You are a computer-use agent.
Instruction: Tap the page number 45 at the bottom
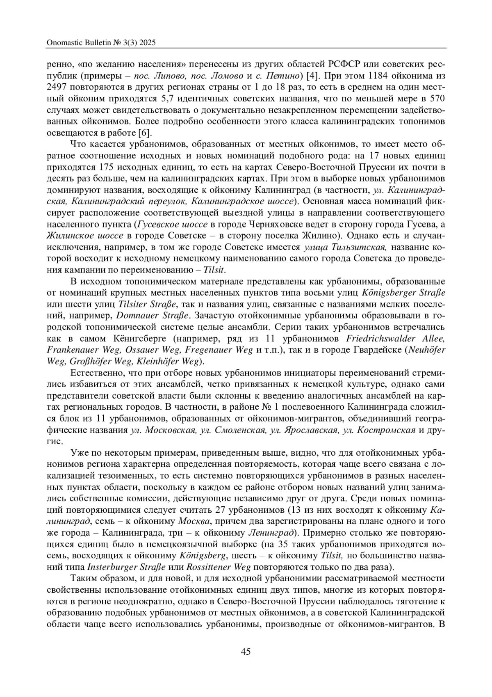[246, 651]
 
